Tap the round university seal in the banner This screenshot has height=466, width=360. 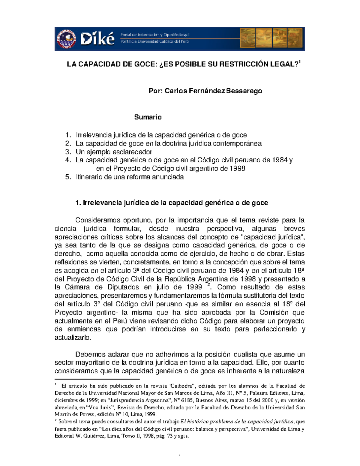[66, 39]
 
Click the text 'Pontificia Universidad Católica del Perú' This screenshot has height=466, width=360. [154, 41]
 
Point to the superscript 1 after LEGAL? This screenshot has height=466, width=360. [300, 62]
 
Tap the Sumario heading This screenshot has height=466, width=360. [148, 117]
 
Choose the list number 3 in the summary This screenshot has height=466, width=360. [67, 152]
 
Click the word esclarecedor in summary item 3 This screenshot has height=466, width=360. [132, 152]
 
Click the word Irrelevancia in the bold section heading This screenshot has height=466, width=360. [102, 203]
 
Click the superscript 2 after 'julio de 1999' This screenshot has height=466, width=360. [209, 285]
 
